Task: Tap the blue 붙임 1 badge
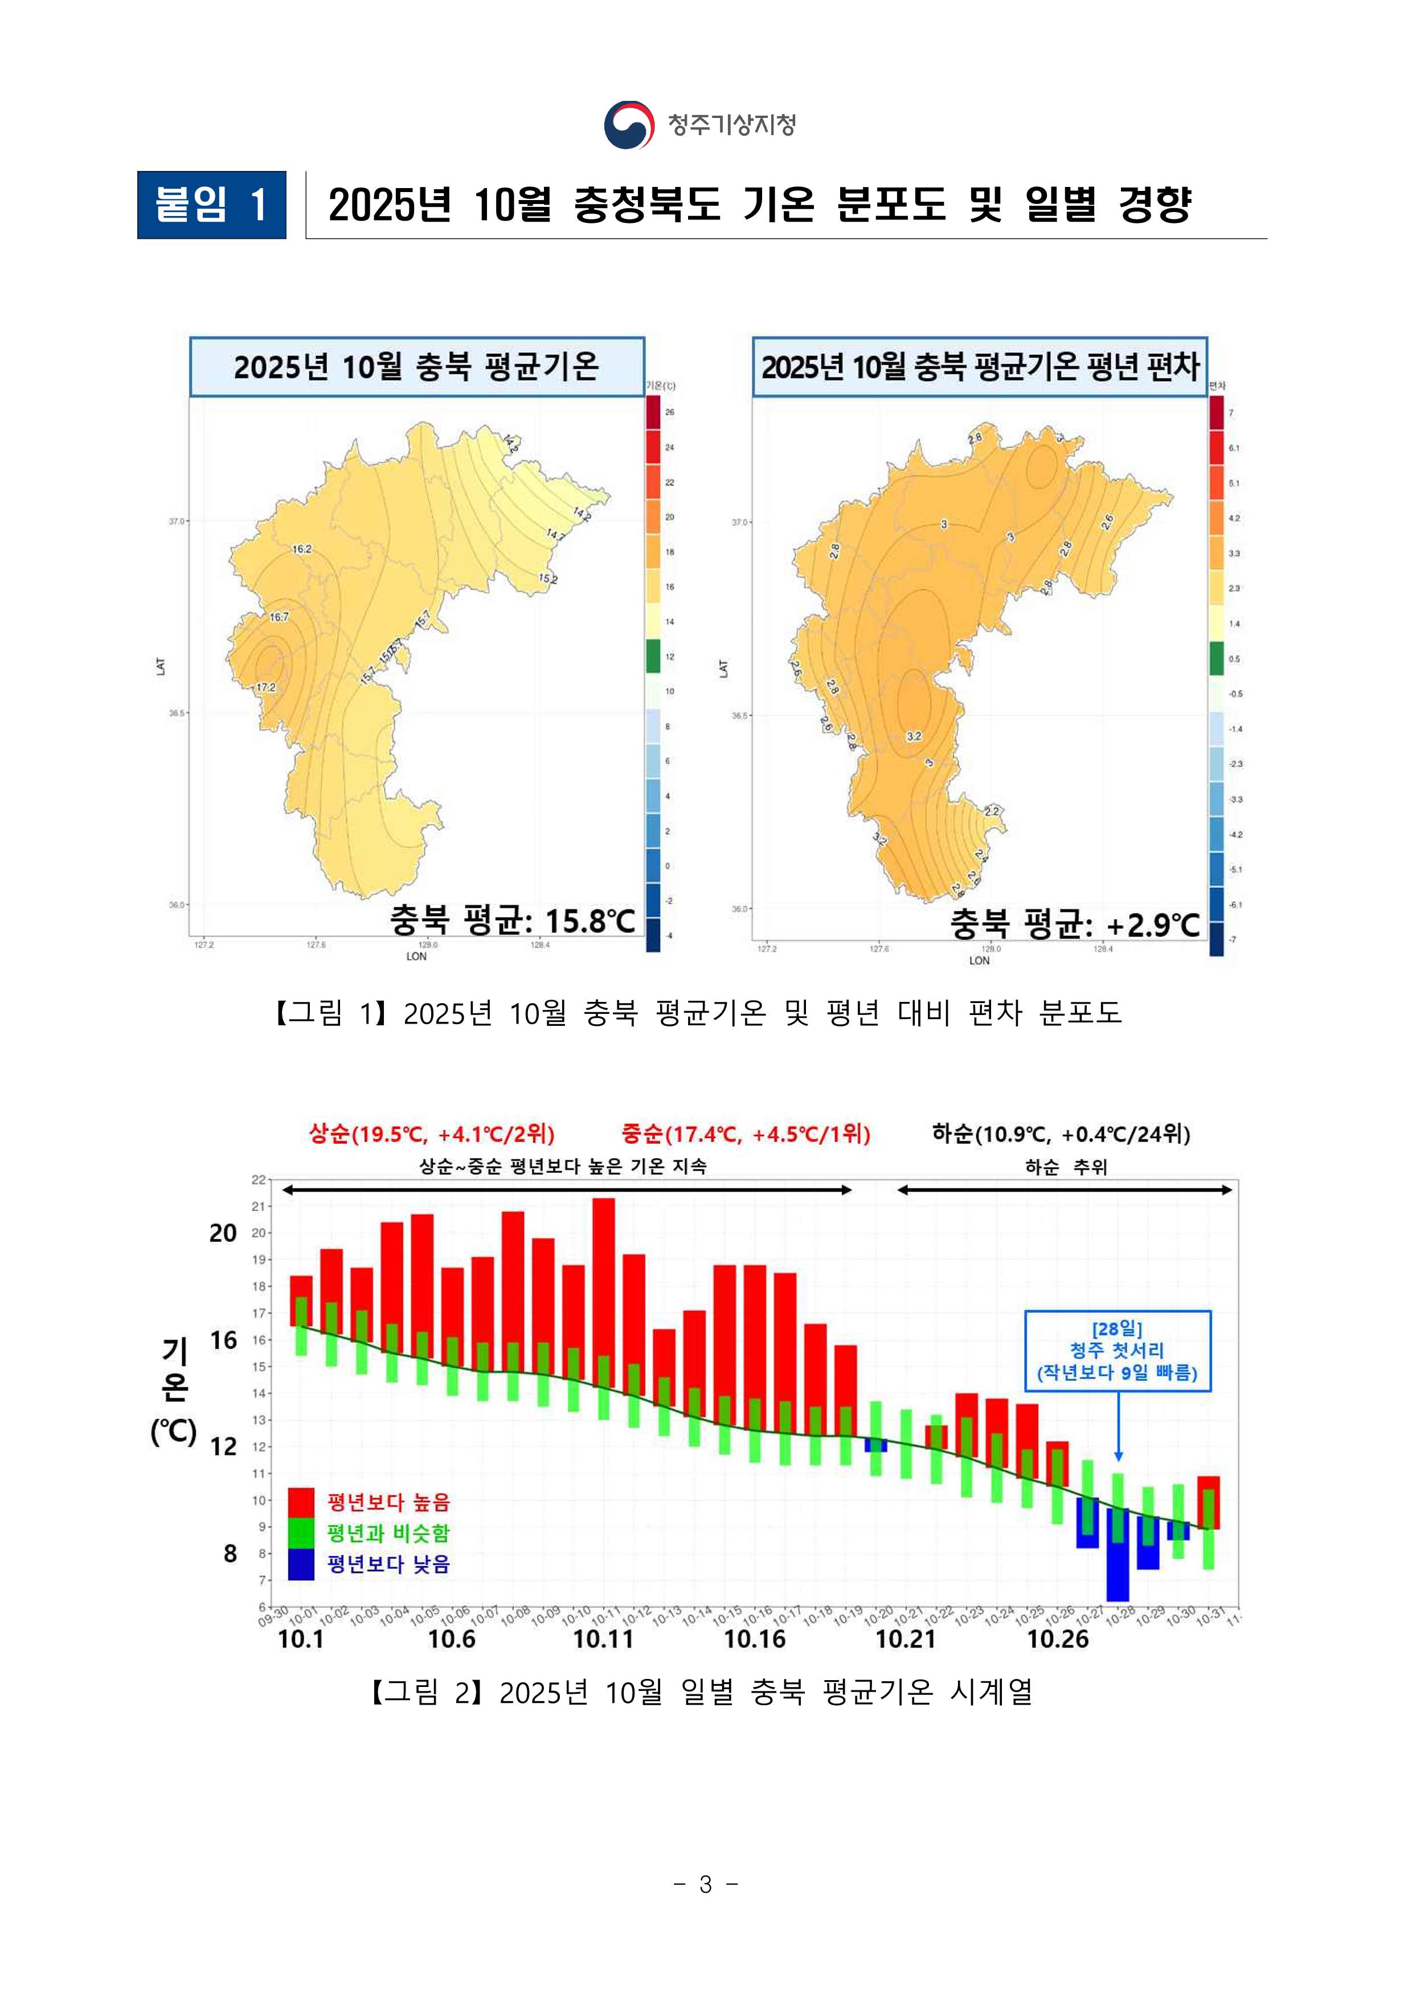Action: coord(211,205)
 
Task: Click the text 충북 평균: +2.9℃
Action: coord(1075,924)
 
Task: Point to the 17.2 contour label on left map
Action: coord(266,687)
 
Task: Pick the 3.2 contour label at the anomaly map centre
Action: coord(914,736)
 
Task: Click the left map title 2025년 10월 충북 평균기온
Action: coord(416,367)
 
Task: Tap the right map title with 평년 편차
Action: coord(980,367)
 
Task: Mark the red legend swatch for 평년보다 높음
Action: coord(301,1502)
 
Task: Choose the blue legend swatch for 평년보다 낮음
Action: coord(301,1564)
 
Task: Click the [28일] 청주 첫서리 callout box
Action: coord(1118,1351)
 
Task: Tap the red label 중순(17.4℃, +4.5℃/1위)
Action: coord(745,1134)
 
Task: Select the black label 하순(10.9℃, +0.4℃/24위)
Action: coord(1061,1134)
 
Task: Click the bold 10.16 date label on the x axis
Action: coord(755,1640)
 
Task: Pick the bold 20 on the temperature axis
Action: coord(223,1233)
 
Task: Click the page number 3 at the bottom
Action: coord(706,1885)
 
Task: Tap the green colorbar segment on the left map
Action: coord(653,656)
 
